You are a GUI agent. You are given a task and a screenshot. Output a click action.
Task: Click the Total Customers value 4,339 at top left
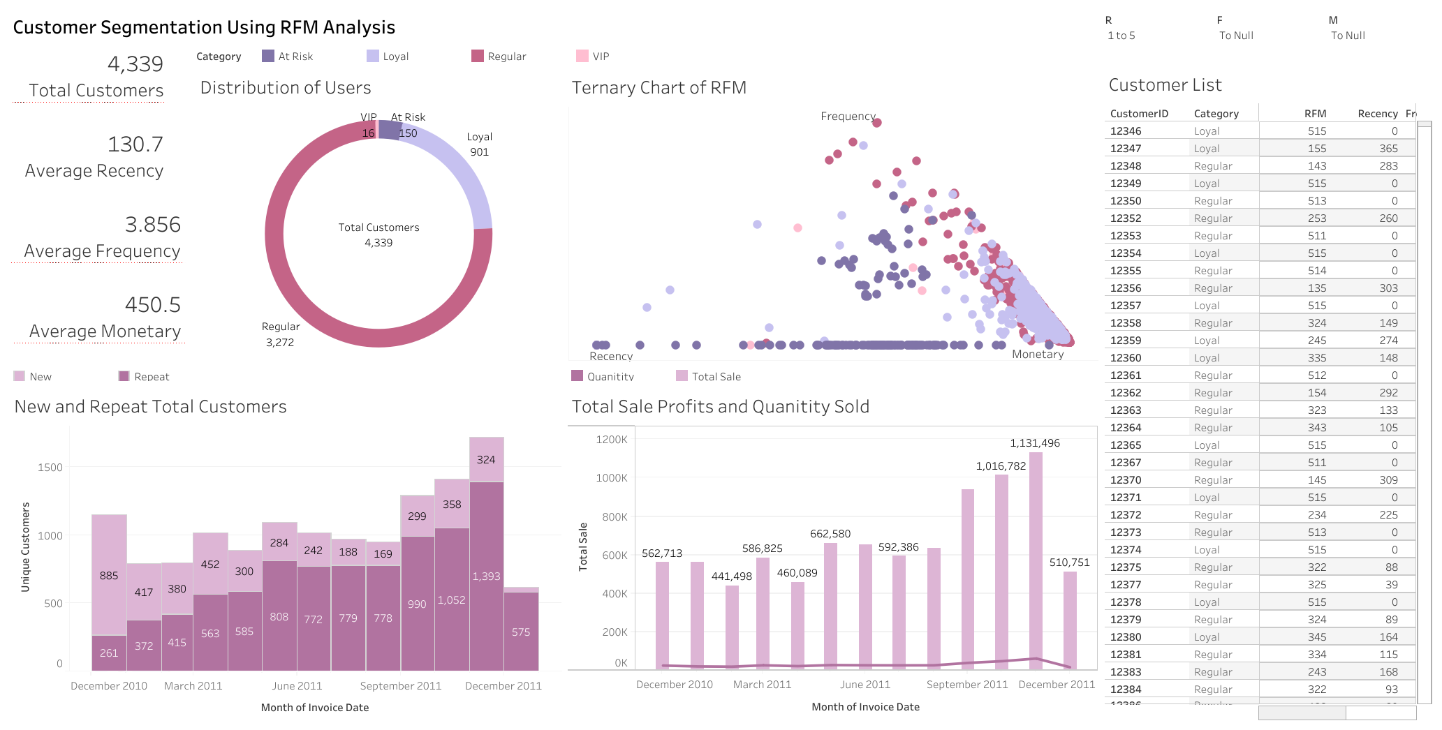click(135, 64)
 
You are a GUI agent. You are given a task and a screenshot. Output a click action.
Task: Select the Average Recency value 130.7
click(135, 144)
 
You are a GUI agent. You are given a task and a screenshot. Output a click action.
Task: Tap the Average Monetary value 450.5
click(152, 305)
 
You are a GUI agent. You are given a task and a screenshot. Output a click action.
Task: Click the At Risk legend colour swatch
click(268, 57)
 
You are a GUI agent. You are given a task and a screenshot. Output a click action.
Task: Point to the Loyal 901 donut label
click(479, 144)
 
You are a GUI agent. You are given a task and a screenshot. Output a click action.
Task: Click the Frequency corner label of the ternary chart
click(847, 117)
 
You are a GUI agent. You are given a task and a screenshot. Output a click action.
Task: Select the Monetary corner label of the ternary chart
click(1037, 355)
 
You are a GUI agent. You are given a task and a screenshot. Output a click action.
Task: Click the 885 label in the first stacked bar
click(109, 576)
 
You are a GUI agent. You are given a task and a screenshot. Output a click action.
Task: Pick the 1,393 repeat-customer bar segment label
click(486, 576)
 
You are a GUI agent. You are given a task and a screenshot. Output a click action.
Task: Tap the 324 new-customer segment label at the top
click(486, 460)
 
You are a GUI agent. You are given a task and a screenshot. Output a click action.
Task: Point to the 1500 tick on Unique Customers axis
click(50, 468)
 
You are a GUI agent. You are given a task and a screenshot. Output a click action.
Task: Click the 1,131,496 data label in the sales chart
click(1034, 443)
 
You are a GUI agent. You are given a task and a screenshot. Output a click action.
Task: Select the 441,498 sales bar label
click(731, 576)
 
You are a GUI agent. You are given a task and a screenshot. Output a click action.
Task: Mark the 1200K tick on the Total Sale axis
click(611, 440)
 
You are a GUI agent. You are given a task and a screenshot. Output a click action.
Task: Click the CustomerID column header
click(1138, 114)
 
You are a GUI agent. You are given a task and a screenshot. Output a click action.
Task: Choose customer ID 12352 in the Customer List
click(1125, 218)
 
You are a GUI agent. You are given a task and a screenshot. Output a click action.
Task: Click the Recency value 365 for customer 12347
click(1388, 149)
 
